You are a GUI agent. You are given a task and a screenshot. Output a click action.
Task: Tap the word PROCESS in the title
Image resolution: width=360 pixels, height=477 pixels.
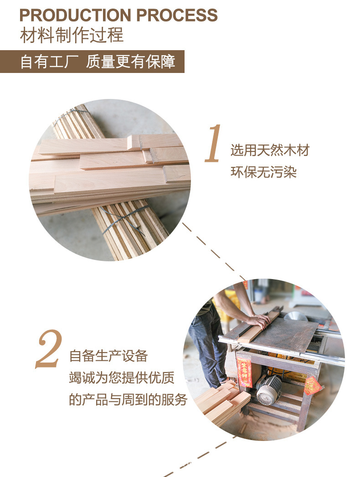(x=177, y=16)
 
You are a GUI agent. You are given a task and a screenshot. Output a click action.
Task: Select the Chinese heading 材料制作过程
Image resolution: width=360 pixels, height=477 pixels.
(x=72, y=36)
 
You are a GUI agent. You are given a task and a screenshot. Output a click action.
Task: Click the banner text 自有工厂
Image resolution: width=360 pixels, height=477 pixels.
(x=50, y=62)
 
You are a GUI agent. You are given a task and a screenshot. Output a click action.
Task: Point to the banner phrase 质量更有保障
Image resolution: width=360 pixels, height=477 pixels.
(x=131, y=62)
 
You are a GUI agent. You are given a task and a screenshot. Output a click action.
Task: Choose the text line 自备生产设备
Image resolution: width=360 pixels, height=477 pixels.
(x=108, y=356)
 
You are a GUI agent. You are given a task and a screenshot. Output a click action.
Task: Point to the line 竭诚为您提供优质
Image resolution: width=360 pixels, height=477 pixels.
(x=122, y=378)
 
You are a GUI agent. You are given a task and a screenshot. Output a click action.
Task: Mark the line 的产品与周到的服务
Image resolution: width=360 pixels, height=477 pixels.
(x=128, y=400)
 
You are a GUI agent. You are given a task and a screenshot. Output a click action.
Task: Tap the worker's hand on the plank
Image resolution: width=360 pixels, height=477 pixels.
(x=258, y=321)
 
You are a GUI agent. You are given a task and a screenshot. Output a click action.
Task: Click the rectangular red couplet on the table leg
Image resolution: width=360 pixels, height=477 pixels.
(x=244, y=372)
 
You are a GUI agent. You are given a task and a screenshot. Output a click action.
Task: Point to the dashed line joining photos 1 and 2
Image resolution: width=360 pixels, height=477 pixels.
(x=214, y=251)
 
